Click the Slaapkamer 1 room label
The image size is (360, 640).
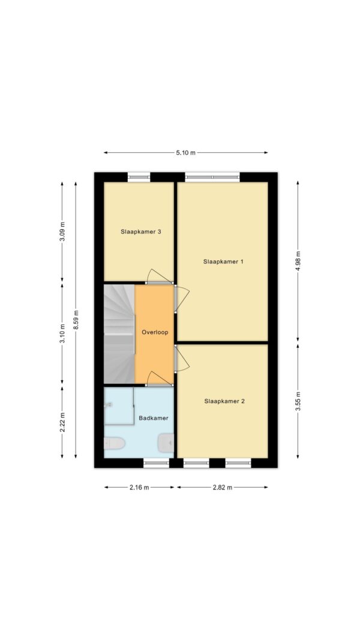pyautogui.click(x=223, y=262)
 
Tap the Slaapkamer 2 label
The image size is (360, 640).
pyautogui.click(x=224, y=401)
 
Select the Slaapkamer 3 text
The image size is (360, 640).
pyautogui.click(x=140, y=232)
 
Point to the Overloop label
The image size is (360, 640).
pyautogui.click(x=155, y=332)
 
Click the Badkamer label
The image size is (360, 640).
pyautogui.click(x=154, y=418)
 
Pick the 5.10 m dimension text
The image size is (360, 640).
pyautogui.click(x=186, y=153)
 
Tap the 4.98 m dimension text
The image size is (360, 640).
pyautogui.click(x=298, y=262)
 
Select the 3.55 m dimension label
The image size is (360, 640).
pyautogui.click(x=298, y=401)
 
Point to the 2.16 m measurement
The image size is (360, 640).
pyautogui.click(x=139, y=487)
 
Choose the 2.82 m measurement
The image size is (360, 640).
pyautogui.click(x=223, y=487)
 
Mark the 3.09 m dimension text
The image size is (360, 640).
pyautogui.click(x=62, y=232)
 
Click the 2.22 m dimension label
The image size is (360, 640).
pyautogui.click(x=62, y=422)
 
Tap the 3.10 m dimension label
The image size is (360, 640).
pyautogui.click(x=62, y=333)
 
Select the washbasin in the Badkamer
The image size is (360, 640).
pyautogui.click(x=166, y=443)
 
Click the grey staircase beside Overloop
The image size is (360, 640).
pyautogui.click(x=119, y=334)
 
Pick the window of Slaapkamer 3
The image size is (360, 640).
pyautogui.click(x=139, y=177)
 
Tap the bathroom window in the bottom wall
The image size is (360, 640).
pyautogui.click(x=157, y=463)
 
